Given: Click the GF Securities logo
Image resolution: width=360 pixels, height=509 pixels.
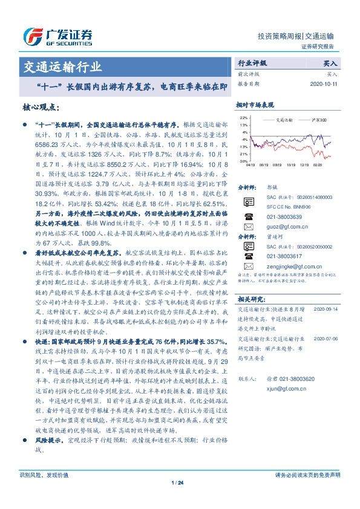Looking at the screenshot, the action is tap(58, 36).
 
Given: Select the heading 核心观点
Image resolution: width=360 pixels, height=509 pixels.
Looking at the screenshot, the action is tap(38, 107).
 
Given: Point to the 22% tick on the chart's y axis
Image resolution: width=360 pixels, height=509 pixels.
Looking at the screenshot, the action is tap(243, 117).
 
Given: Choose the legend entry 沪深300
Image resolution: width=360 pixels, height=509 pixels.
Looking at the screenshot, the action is tap(319, 120).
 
